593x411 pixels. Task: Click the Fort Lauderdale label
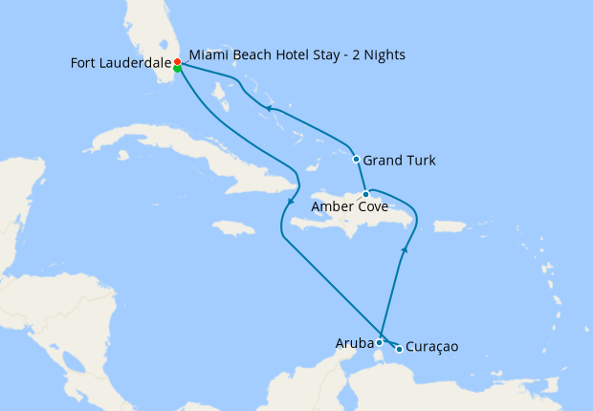coord(121,63)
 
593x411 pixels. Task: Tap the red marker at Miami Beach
coord(177,61)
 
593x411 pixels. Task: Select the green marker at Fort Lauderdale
coord(178,68)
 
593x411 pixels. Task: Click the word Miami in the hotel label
coord(208,54)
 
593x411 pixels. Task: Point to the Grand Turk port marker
coord(356,159)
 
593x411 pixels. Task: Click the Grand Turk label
coord(400,160)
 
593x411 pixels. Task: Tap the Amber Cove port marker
coord(365,194)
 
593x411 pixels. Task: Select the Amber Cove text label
coord(347,205)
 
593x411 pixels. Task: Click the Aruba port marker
coord(380,342)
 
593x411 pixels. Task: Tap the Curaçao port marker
coord(399,349)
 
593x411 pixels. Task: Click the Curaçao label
coord(432,347)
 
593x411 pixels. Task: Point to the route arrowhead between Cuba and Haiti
coord(290,201)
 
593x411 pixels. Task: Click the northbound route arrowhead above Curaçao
coord(404,250)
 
